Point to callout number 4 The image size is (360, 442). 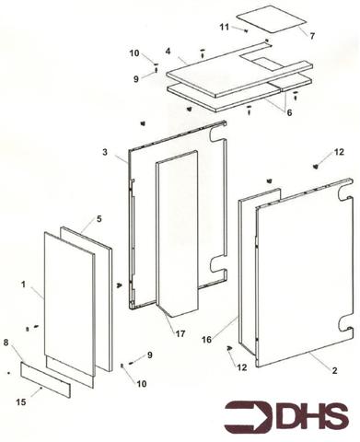168,52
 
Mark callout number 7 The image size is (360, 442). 311,36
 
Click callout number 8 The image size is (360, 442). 6,343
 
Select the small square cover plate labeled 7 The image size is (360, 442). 271,19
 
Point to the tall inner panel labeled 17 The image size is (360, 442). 177,230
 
